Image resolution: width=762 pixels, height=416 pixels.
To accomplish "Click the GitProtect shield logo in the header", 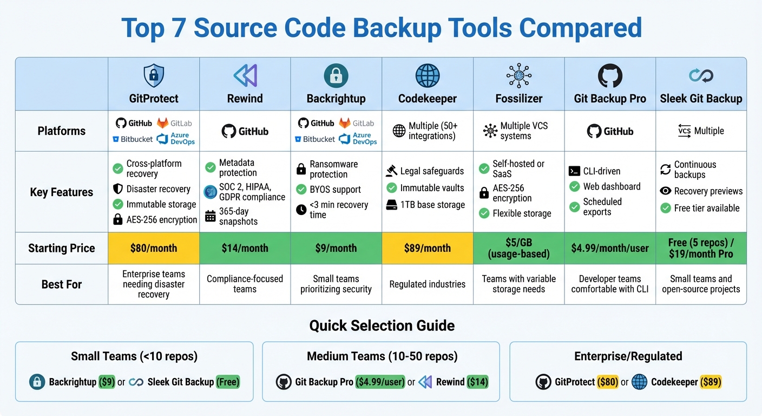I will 154,76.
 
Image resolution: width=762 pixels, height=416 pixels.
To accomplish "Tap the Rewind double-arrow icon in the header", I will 245,76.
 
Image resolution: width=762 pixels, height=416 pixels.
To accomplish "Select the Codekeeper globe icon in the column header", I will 428,76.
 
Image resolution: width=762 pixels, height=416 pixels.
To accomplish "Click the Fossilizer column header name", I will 518,99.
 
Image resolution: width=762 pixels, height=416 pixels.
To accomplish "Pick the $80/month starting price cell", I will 154,248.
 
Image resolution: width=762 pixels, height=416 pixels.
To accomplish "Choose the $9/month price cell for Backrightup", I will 336,248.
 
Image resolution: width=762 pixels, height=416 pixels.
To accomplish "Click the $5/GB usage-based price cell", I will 518,248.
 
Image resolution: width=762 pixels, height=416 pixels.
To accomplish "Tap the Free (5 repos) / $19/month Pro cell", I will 701,248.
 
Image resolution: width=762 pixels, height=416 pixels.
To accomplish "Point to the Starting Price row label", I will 62,248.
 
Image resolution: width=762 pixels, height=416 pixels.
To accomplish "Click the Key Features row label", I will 62,192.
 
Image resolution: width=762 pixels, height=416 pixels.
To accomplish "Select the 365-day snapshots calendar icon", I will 211,217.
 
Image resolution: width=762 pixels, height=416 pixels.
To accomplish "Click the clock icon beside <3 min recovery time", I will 301,210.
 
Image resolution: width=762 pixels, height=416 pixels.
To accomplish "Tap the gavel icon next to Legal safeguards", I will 392,171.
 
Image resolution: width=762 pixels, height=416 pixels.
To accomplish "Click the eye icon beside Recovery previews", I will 666,191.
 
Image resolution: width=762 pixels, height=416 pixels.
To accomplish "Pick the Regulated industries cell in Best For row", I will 428,284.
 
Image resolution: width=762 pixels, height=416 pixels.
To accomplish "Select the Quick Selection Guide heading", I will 382,326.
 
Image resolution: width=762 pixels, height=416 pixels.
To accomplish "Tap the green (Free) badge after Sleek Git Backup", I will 227,382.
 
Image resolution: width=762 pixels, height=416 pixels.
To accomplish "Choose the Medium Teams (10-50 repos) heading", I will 382,356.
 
